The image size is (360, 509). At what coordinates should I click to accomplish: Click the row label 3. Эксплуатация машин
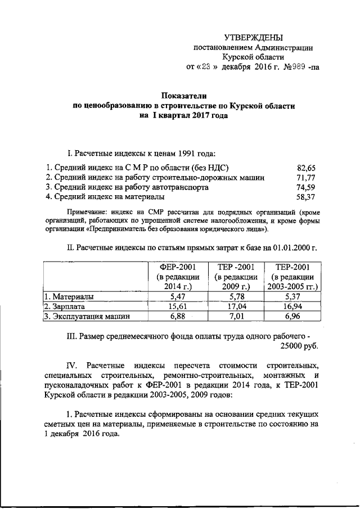coord(87,317)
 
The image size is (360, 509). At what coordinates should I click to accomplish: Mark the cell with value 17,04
coord(235,307)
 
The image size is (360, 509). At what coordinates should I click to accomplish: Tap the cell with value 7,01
coord(235,317)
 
